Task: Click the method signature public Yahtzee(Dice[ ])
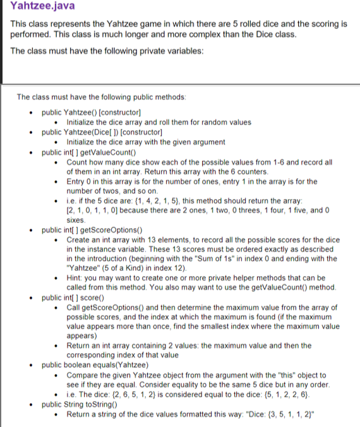[102, 132]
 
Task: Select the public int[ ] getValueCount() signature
[91, 152]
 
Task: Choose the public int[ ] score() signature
[74, 297]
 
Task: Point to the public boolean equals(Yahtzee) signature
[95, 364]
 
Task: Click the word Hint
[76, 278]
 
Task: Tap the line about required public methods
[101, 97]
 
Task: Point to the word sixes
[76, 220]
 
